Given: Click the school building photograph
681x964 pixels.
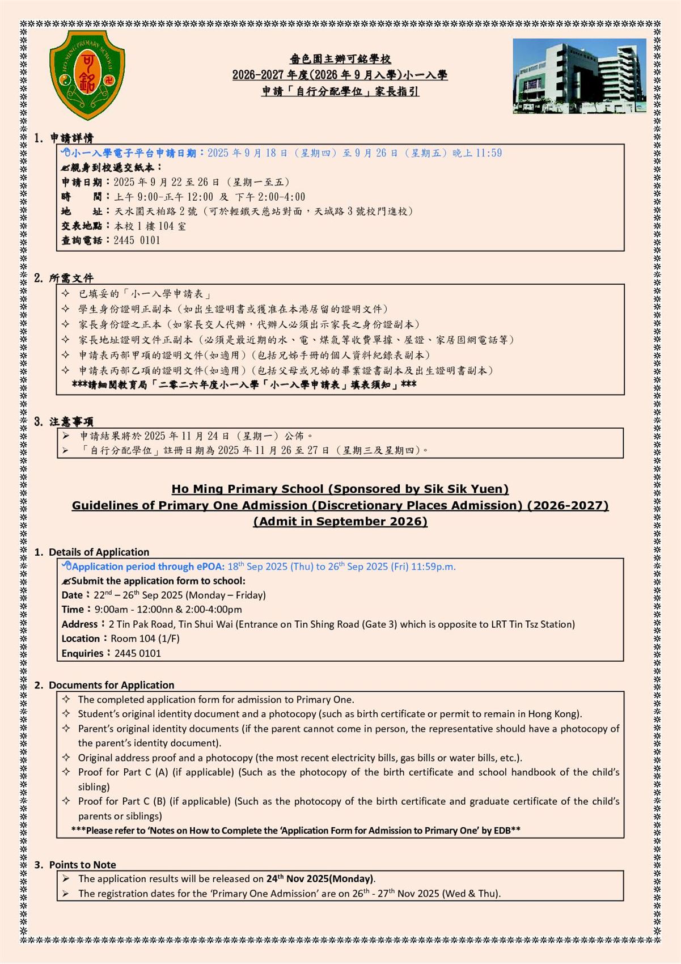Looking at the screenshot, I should click(x=579, y=76).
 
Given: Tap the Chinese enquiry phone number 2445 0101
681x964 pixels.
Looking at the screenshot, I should click(x=137, y=240).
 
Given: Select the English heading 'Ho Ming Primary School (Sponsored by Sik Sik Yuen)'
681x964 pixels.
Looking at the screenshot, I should click(x=340, y=489).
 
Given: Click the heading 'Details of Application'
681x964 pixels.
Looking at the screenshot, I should click(x=99, y=552).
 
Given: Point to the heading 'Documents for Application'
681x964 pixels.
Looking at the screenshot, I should click(x=111, y=685).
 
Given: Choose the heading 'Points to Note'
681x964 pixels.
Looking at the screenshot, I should click(x=82, y=865).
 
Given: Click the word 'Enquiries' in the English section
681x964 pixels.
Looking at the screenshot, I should click(x=82, y=653).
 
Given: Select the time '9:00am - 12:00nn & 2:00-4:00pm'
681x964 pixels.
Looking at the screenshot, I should click(x=168, y=610).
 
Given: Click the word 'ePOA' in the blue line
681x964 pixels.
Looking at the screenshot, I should click(x=210, y=566).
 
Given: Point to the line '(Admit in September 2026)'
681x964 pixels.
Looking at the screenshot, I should click(x=340, y=521).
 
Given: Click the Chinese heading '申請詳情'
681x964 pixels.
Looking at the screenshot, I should click(x=71, y=138).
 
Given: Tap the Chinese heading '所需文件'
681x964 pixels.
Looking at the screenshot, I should click(x=71, y=278).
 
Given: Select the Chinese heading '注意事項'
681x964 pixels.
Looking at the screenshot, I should click(x=71, y=421).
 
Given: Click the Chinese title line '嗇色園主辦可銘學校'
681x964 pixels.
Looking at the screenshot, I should click(x=340, y=59).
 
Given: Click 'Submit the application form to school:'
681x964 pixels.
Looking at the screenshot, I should click(x=158, y=581).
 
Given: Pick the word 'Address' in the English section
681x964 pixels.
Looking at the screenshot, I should click(x=79, y=624).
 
